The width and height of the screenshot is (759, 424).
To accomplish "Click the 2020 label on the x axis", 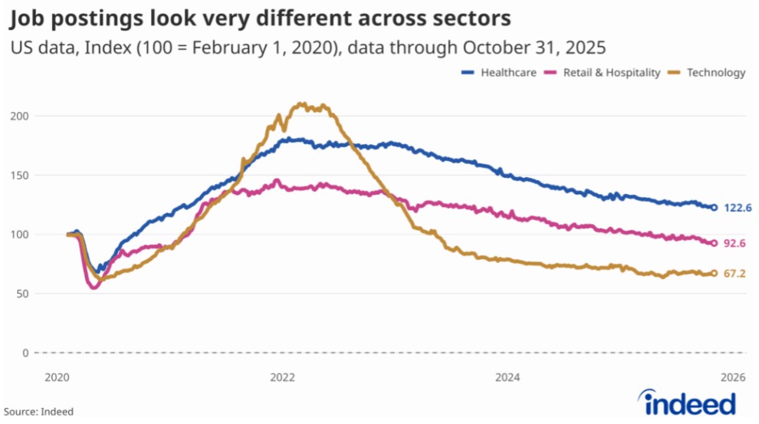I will coord(57,377).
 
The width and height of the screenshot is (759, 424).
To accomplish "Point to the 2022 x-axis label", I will coord(282,377).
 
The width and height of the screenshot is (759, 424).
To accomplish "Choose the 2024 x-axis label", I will coord(508,377).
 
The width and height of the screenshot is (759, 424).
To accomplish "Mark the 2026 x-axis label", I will coord(733,377).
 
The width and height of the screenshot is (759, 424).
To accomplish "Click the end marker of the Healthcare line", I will coord(714,207).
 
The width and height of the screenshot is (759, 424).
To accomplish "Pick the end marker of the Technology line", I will coord(714,273).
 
